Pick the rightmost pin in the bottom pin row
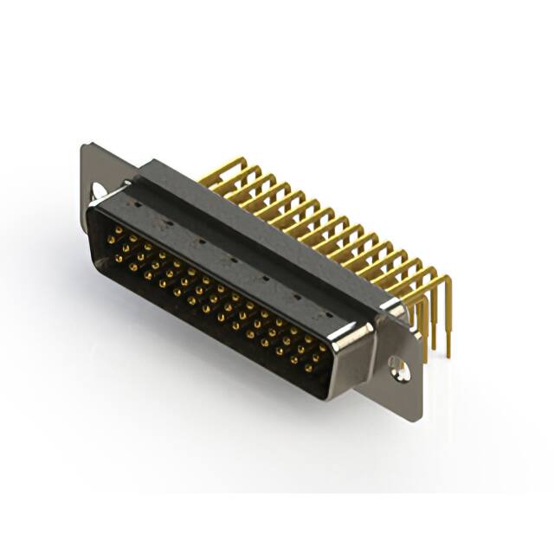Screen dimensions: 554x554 (x=308, y=367)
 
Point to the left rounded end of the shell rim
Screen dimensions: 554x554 (x=93, y=216)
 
